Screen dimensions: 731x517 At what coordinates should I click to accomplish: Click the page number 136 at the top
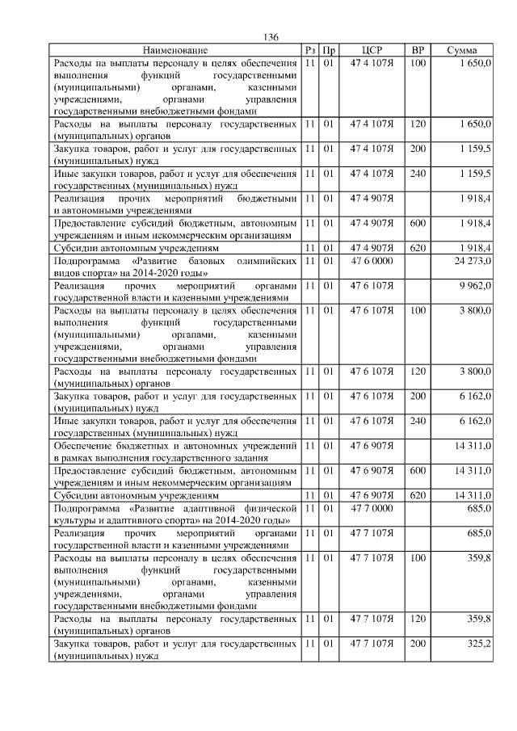click(x=271, y=38)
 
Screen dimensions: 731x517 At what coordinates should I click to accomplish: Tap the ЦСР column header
click(x=372, y=51)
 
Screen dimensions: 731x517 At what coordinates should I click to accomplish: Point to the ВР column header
click(x=418, y=51)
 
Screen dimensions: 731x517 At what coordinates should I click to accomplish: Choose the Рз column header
click(x=309, y=51)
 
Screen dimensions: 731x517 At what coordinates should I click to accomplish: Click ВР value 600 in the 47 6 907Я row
click(x=418, y=470)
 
